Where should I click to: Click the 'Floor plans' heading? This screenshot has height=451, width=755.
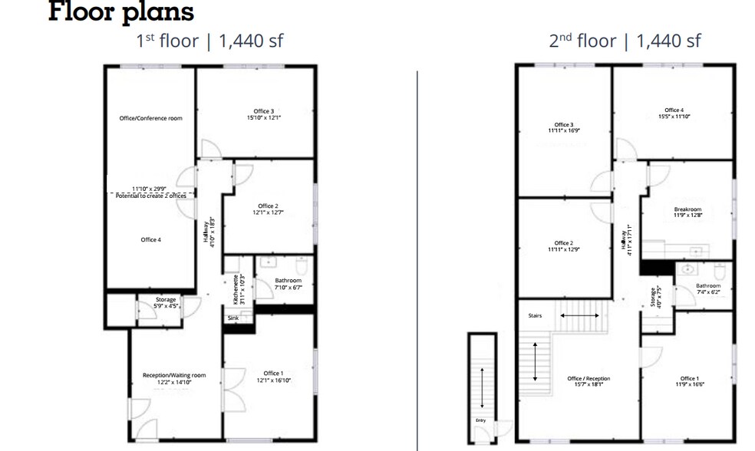click(x=121, y=13)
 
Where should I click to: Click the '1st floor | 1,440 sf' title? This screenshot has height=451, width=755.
click(x=209, y=41)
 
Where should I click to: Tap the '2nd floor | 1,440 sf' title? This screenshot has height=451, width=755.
click(x=624, y=41)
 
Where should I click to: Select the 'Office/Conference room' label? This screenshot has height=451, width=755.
click(x=150, y=118)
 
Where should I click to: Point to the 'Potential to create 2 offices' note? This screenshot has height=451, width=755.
click(x=151, y=197)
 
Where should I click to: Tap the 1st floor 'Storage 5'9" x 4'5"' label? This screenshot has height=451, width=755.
click(x=166, y=303)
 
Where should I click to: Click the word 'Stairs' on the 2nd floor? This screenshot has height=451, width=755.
click(x=535, y=315)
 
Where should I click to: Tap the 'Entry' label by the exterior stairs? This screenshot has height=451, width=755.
click(x=480, y=420)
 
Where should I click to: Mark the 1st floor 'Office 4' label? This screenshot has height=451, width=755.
click(x=150, y=240)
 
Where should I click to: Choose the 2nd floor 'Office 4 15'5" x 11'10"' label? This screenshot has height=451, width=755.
click(x=674, y=114)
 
